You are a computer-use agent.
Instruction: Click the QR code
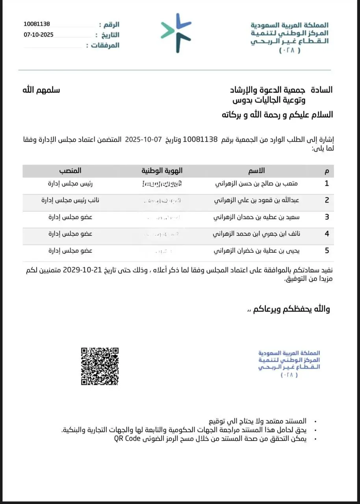point(100,366)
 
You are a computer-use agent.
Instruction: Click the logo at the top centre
point(176,33)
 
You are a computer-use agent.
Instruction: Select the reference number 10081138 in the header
point(37,24)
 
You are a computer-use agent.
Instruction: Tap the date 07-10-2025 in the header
point(38,35)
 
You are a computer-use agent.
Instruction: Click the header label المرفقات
point(105,45)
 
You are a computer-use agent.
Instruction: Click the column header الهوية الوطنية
point(162,170)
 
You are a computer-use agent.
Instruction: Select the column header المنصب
point(71,170)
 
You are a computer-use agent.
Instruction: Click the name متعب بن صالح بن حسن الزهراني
point(257,183)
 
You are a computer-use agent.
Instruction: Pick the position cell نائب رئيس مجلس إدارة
point(71,200)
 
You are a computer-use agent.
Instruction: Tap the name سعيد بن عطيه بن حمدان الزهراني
point(256,217)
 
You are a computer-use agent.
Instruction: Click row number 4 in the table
point(327,233)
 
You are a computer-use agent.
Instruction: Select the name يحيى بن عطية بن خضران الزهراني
point(256,250)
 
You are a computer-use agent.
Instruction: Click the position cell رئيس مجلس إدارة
point(71,183)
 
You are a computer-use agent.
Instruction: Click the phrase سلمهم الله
point(41,90)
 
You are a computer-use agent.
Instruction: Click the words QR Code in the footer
point(128,439)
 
